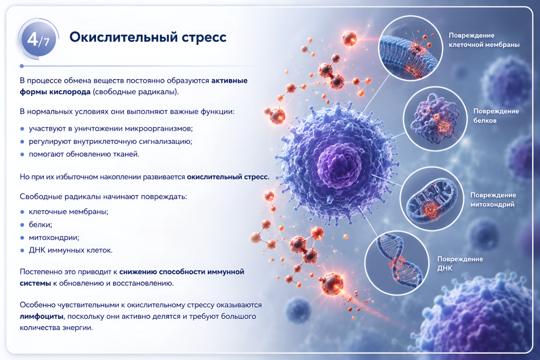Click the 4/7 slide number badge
[x=38, y=39]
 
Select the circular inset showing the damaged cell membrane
[x=410, y=48]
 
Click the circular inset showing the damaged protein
[x=435, y=119]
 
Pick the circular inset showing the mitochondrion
[x=432, y=199]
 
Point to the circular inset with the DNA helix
[x=397, y=263]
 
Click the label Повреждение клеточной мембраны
[x=484, y=40]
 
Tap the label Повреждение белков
[x=496, y=115]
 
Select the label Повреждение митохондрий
[x=493, y=200]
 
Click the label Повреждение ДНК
[x=460, y=264]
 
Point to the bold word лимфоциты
[x=41, y=316]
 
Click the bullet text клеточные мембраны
[x=68, y=212]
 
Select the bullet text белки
[x=40, y=225]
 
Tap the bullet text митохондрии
[x=54, y=238]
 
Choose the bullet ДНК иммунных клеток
[x=71, y=250]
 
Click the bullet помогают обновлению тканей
[x=84, y=154]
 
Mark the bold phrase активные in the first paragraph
[x=229, y=81]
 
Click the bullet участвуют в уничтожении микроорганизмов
[x=111, y=129]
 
